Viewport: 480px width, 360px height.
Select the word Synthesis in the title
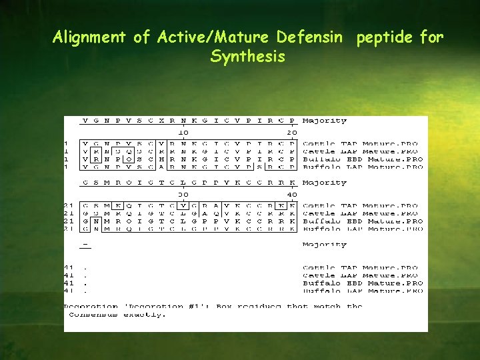pyautogui.click(x=247, y=57)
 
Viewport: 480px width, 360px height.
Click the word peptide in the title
pyautogui.click(x=384, y=37)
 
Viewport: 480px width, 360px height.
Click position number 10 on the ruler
pyautogui.click(x=183, y=133)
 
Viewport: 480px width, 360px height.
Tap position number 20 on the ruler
pyautogui.click(x=291, y=133)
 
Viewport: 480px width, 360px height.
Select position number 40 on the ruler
pyautogui.click(x=291, y=195)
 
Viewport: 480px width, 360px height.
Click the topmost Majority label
pyautogui.click(x=324, y=121)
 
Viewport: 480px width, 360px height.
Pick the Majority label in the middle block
pyautogui.click(x=324, y=183)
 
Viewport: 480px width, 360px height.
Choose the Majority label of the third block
pyautogui.click(x=324, y=245)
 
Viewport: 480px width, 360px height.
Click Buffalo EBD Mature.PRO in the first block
pyautogui.click(x=362, y=160)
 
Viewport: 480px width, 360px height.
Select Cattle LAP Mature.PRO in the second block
pyautogui.click(x=360, y=214)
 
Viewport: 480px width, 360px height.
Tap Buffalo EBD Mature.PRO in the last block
pyautogui.click(x=362, y=283)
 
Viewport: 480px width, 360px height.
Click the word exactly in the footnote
pyautogui.click(x=145, y=314)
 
